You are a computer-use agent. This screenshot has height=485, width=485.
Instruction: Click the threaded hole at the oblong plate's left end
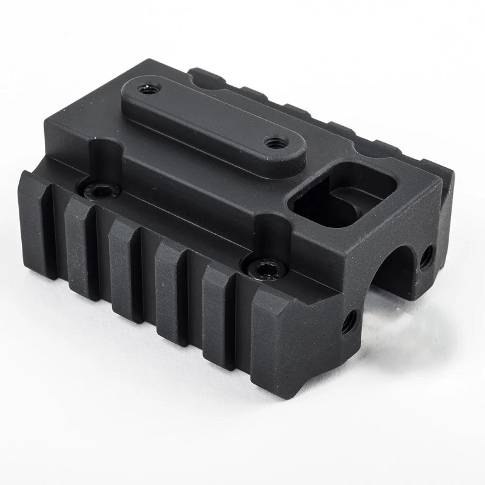click(147, 89)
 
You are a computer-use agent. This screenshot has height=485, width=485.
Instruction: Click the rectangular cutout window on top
click(339, 196)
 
